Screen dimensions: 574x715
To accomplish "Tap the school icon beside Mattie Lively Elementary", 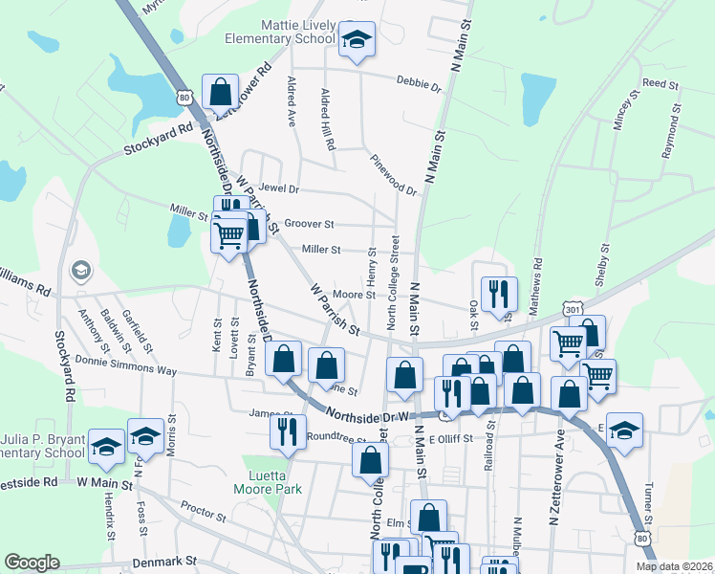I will point(357,40).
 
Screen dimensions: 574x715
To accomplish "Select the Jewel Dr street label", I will point(279,189).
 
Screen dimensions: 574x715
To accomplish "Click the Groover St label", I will point(309,224).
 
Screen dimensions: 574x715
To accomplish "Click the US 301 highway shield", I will point(573,309).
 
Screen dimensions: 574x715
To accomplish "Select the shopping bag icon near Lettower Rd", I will point(221,92).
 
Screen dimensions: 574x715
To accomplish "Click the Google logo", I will point(32,563).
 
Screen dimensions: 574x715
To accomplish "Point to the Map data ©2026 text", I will point(673,566).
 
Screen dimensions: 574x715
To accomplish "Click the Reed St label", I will point(661,84).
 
